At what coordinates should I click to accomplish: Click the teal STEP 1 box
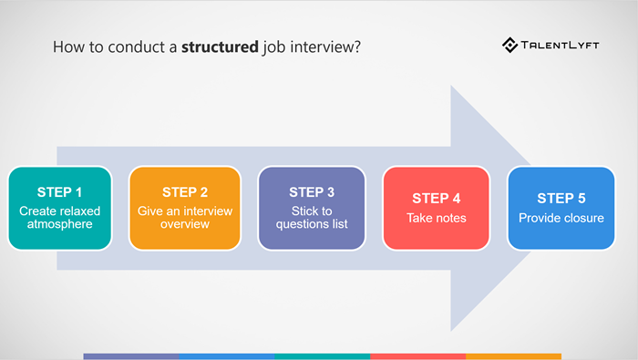point(60,208)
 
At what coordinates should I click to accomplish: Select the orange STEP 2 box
point(185,208)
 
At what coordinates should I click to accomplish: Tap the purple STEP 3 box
point(312,208)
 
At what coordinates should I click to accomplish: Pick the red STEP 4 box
point(437,208)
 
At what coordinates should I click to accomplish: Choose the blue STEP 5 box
point(561,208)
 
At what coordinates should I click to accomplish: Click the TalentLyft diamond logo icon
point(510,44)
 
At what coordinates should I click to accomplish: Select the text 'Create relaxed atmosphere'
point(60,217)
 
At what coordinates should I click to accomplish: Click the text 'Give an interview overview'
point(185,217)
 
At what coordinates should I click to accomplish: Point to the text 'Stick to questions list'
point(312,217)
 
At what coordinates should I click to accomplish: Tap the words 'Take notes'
point(437,218)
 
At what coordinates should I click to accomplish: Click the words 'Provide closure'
point(561,218)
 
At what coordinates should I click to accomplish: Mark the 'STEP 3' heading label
point(312,192)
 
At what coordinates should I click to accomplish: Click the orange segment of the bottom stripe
point(513,356)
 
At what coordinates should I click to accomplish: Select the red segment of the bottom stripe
point(418,356)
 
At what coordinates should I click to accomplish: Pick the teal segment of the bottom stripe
point(323,356)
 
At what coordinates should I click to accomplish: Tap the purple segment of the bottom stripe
point(131,356)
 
